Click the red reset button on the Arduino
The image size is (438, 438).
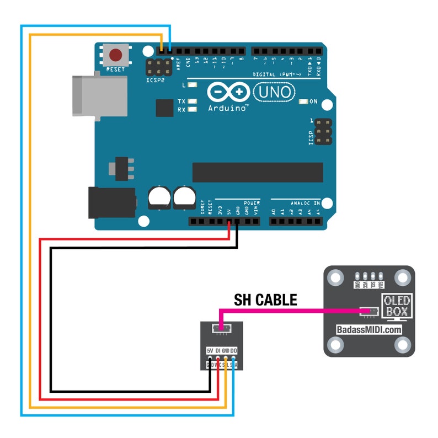click(116, 55)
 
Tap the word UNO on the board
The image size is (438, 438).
click(274, 92)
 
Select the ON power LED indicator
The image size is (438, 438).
click(303, 102)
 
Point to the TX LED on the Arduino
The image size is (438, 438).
click(191, 102)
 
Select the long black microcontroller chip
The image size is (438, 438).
click(257, 172)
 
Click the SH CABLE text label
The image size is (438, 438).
click(265, 300)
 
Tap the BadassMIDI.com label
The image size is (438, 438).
click(368, 329)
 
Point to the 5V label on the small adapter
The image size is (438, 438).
click(210, 351)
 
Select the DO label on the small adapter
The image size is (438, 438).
click(234, 351)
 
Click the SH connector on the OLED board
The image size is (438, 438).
click(369, 312)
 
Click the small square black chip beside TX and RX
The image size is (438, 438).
click(164, 108)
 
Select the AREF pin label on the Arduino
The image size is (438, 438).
click(179, 63)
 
